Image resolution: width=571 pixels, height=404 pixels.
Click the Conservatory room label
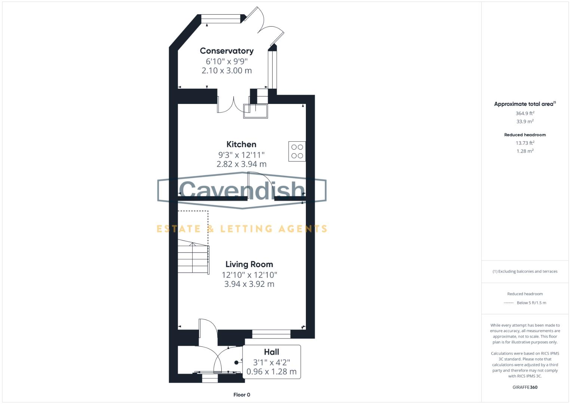[x=227, y=51]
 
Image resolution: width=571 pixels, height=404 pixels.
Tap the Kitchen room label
[x=241, y=144]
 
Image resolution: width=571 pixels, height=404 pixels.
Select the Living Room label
[x=249, y=264]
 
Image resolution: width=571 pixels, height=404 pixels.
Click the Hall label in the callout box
[x=271, y=352]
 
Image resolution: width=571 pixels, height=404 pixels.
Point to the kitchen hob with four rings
[x=297, y=151]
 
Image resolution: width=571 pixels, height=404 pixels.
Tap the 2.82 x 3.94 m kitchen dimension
[x=241, y=164]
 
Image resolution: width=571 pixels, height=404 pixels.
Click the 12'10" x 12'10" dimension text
[x=249, y=275]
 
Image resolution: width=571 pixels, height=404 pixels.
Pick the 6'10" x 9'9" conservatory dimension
[x=227, y=61]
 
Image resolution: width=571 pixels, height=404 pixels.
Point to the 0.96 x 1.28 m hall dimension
[x=271, y=372]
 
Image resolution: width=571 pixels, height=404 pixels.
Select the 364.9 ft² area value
[x=525, y=113]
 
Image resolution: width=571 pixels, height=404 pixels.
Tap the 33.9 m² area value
[x=525, y=122]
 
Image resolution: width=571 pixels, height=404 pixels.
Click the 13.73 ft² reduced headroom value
[x=525, y=143]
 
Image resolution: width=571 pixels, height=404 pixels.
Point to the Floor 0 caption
[x=242, y=395]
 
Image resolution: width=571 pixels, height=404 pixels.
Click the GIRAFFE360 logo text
[x=525, y=387]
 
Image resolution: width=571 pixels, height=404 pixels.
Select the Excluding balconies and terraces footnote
[x=525, y=272]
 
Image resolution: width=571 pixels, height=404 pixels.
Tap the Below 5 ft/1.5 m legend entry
[x=531, y=303]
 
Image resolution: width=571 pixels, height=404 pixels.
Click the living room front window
[x=271, y=334]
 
